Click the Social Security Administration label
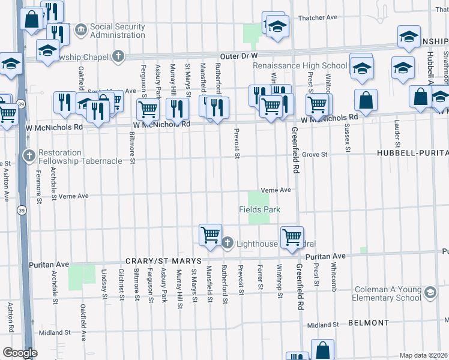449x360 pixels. [117, 31]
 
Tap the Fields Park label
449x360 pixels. [260, 209]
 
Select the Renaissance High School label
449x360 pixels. [300, 65]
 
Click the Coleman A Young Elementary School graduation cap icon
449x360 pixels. [429, 293]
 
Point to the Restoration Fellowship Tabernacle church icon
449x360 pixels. [29, 156]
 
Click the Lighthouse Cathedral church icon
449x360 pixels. [228, 243]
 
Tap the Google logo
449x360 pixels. [20, 353]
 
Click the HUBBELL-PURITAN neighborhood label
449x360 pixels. [412, 154]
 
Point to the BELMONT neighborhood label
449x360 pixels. [367, 323]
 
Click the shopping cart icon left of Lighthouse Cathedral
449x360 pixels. [210, 235]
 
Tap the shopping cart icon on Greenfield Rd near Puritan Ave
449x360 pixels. [292, 236]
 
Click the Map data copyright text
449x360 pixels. [423, 355]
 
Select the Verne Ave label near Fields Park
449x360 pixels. [276, 190]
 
